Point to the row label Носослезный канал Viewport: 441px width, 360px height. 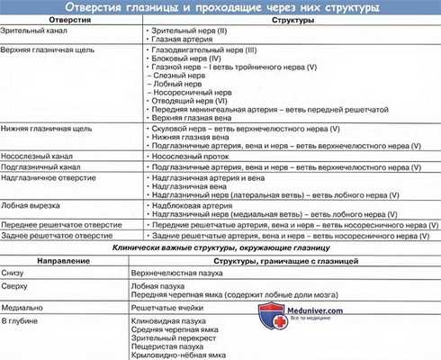click(x=35, y=154)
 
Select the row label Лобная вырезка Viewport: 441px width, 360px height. click(x=29, y=203)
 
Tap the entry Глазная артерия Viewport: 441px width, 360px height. click(x=179, y=40)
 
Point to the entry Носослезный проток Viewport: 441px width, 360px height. click(x=189, y=154)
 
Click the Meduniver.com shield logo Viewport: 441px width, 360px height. click(x=271, y=315)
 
